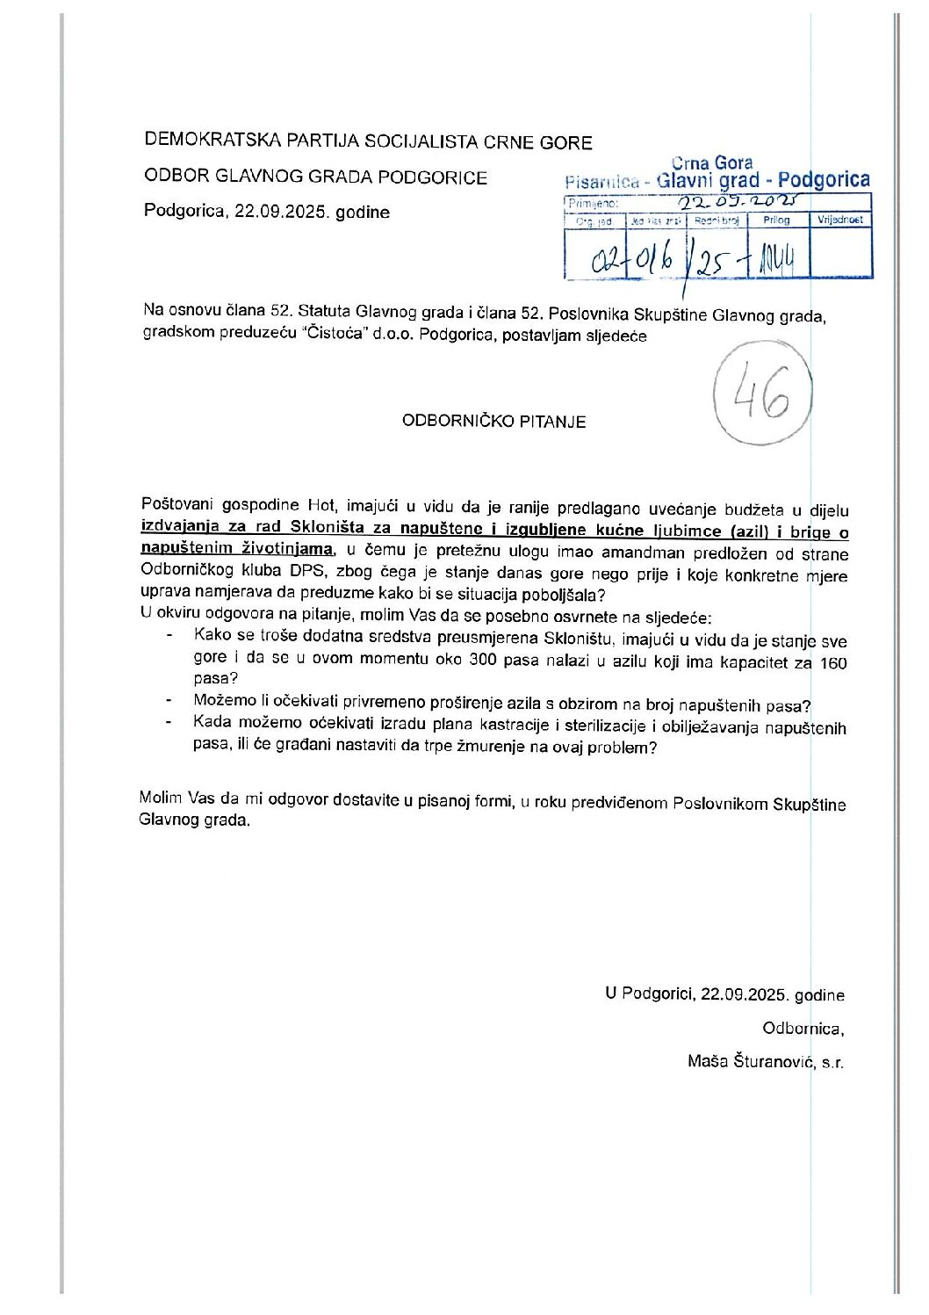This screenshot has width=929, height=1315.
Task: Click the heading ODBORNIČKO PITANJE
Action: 493,421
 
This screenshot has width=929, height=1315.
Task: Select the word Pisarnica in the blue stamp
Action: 602,182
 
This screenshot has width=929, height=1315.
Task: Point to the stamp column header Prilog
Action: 777,220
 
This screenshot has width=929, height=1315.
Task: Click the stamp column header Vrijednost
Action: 840,220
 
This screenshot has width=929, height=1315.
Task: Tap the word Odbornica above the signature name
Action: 803,1028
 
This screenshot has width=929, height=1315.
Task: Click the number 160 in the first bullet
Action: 832,662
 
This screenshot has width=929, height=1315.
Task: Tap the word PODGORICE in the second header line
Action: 443,177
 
